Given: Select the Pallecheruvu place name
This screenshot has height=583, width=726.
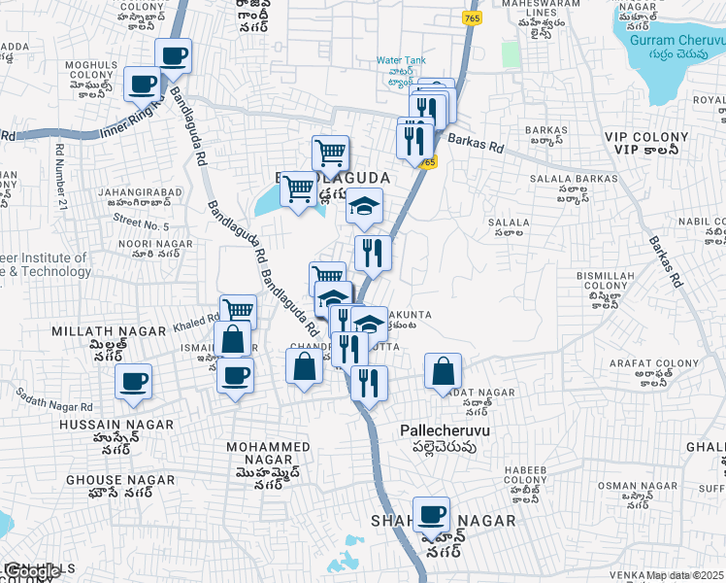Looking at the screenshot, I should point(444,429).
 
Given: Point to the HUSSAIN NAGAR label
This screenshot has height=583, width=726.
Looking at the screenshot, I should point(116,425).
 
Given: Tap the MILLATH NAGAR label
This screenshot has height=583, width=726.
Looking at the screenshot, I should point(109,331).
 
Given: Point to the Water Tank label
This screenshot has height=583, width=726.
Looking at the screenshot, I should point(402,60).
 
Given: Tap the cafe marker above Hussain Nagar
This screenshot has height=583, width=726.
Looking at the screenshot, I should point(133,381).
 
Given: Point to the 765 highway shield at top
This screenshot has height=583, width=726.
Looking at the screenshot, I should point(472,19).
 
